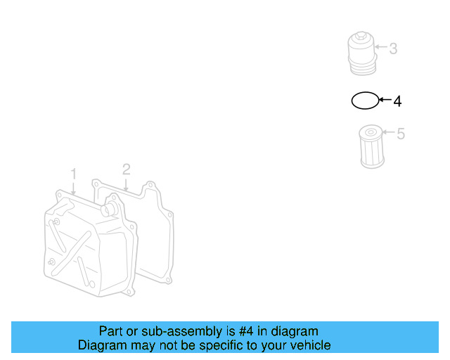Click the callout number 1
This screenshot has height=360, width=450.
72,173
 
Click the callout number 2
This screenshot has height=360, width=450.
126,169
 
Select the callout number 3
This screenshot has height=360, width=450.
393,49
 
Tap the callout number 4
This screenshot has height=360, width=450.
397,101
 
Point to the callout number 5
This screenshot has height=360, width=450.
401,134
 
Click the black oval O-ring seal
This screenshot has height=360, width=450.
364,101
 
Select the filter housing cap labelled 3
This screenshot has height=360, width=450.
363,53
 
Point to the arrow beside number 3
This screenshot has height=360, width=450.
380,49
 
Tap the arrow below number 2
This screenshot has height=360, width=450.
126,184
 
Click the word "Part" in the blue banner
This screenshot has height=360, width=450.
111,331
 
